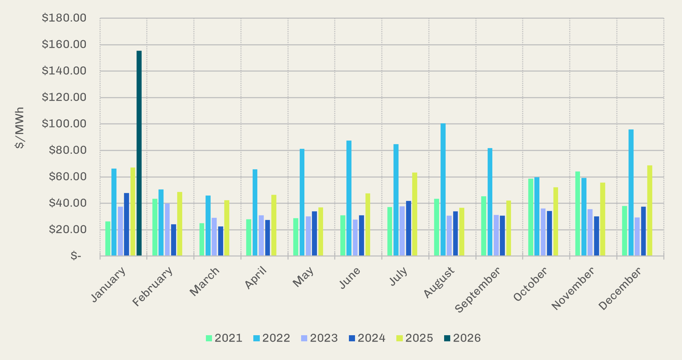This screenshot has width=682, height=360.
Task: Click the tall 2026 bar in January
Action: [x=139, y=153]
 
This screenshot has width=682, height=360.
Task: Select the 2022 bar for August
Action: [x=443, y=190]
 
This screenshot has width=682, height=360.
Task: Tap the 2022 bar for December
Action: [x=631, y=193]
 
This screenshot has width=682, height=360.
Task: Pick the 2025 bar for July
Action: [x=415, y=214]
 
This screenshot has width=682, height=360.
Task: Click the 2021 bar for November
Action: [x=577, y=214]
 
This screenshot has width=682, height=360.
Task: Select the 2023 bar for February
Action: [x=167, y=230]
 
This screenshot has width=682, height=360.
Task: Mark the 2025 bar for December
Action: [x=650, y=211]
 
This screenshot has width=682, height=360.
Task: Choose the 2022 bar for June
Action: [x=349, y=198]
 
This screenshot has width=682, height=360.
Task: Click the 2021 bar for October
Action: [x=531, y=217]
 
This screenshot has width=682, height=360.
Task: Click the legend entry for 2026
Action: [x=462, y=338]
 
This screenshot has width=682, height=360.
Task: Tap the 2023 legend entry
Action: [x=319, y=338]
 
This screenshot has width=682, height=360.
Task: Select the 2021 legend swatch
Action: [x=209, y=338]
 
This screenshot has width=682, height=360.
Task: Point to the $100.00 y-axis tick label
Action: [x=64, y=124]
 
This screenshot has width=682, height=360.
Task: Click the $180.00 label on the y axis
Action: [x=64, y=18]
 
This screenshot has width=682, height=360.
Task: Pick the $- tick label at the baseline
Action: [x=76, y=256]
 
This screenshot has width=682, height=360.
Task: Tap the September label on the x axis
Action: [x=478, y=290]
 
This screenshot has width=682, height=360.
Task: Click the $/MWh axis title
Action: [x=20, y=128]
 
